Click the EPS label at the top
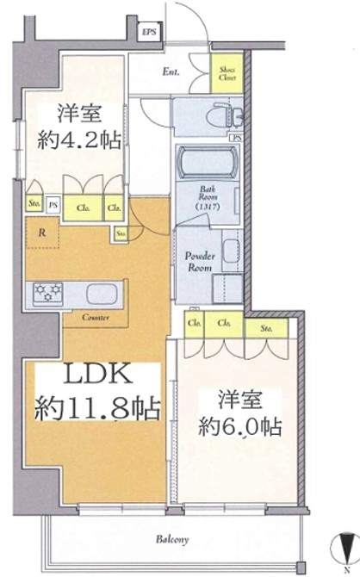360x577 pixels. click(x=150, y=32)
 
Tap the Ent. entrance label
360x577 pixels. click(x=171, y=72)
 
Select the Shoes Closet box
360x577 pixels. click(x=227, y=74)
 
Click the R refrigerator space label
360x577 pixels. click(x=41, y=231)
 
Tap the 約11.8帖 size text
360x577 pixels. click(x=97, y=408)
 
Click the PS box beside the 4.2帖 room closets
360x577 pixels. click(x=53, y=206)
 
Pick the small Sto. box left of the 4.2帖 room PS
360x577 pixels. click(x=34, y=206)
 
